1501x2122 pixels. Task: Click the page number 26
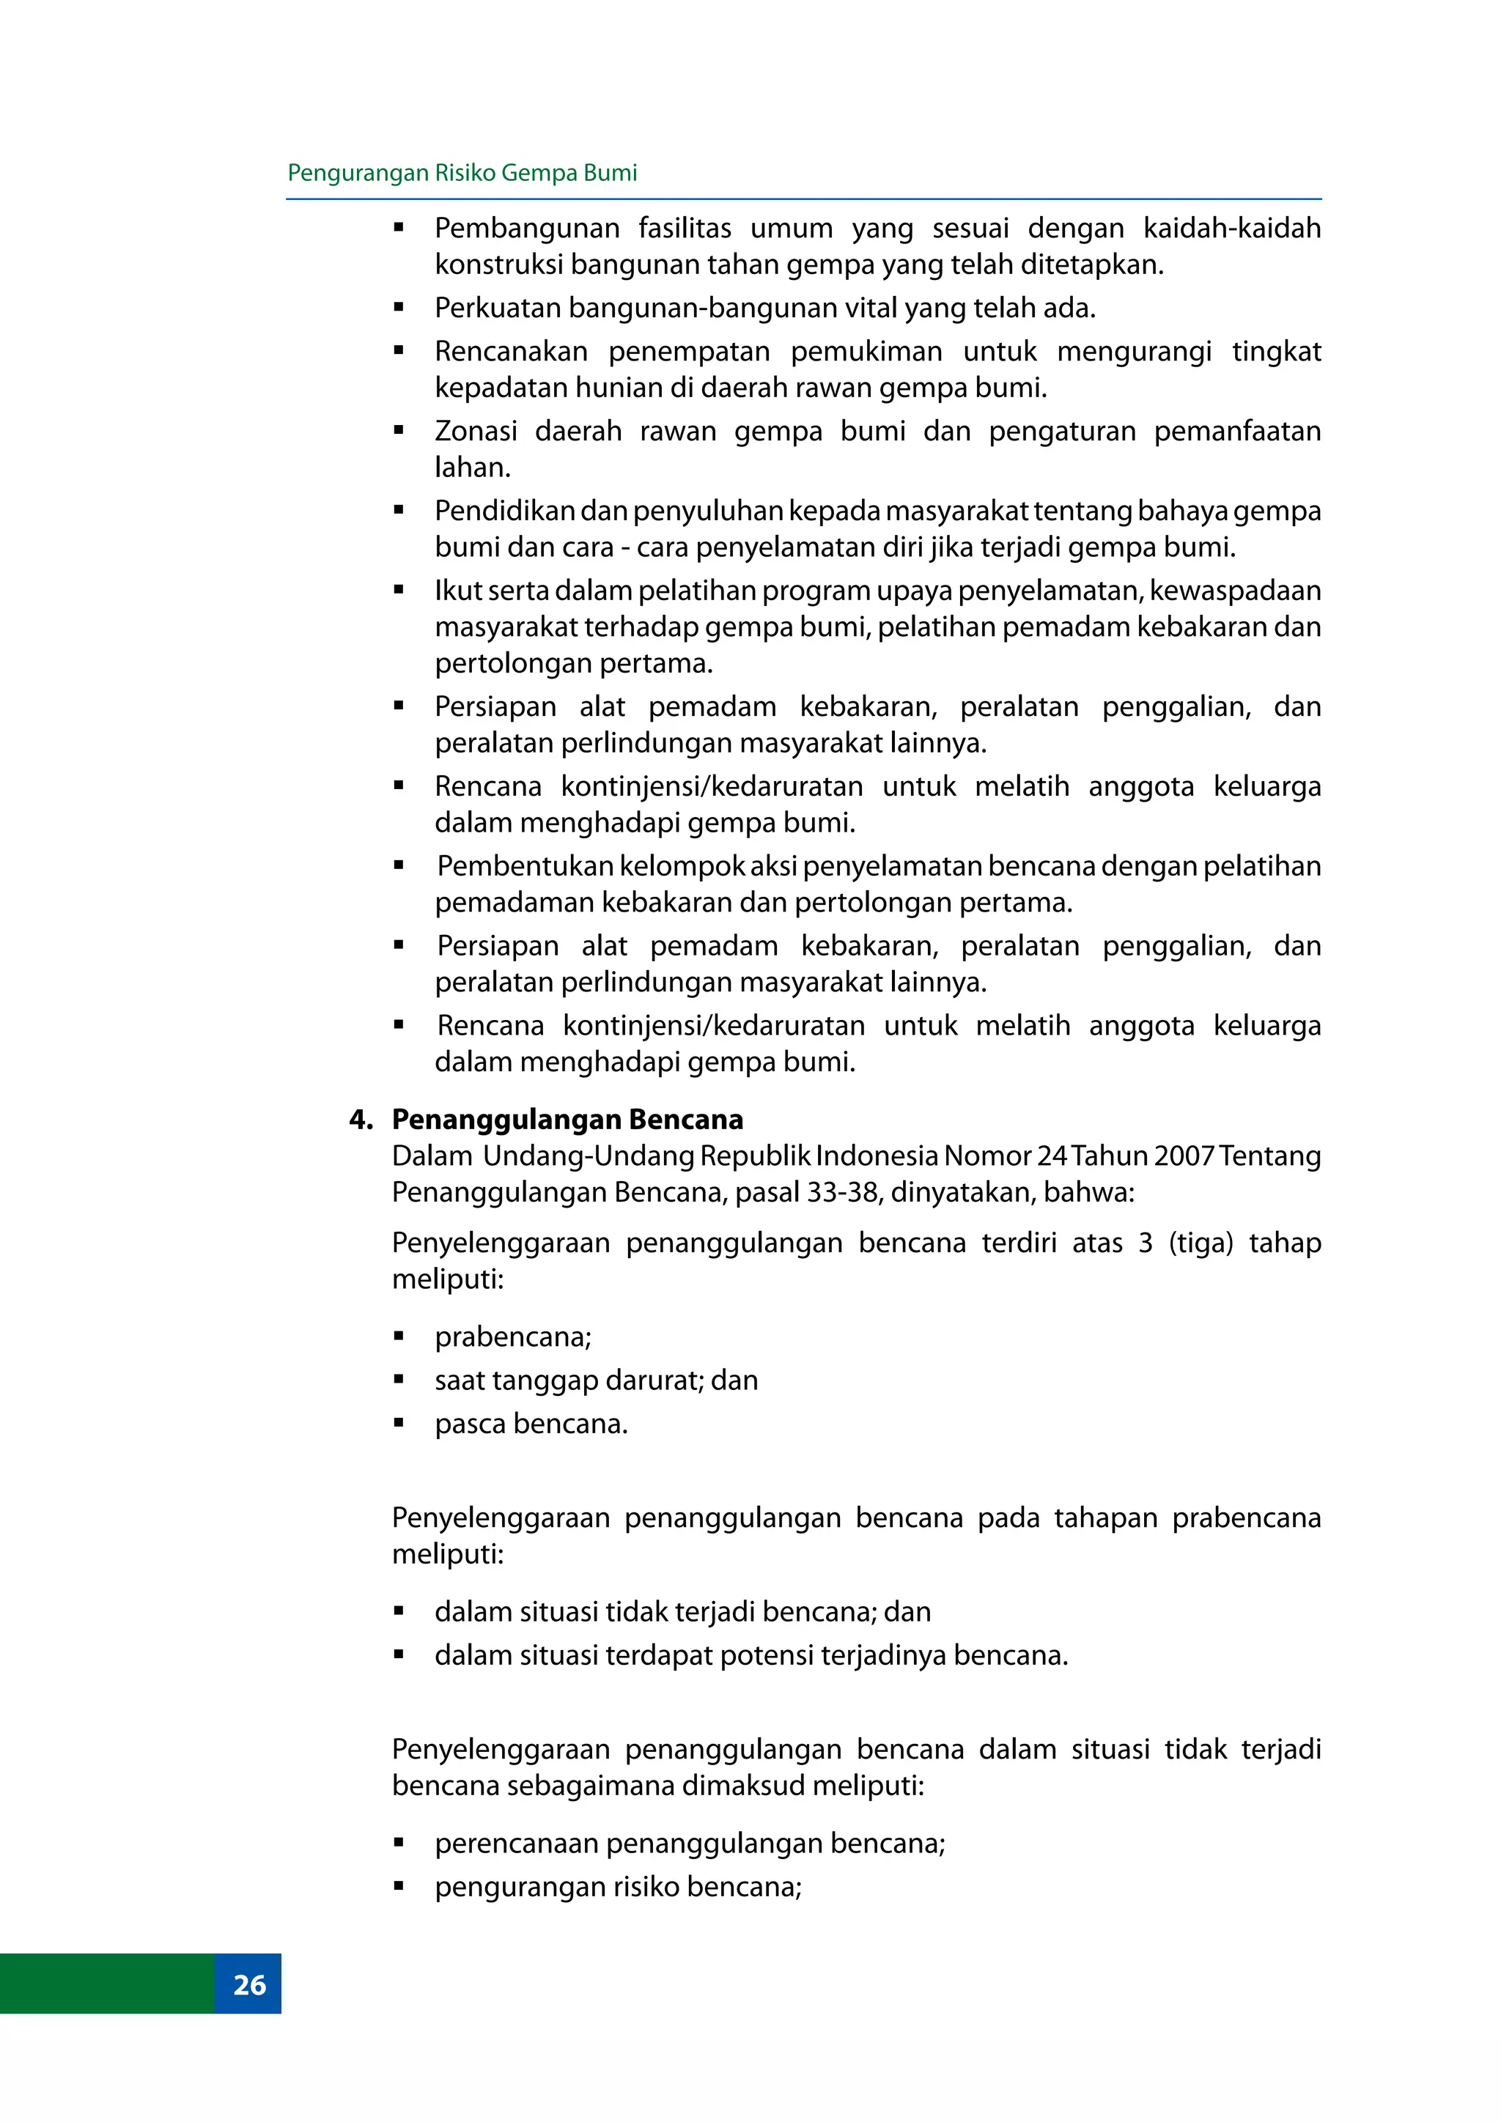248,1984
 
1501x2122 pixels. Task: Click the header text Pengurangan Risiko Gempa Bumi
462,173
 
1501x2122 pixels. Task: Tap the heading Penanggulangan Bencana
567,1119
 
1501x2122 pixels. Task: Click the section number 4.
361,1119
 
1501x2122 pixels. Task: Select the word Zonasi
475,431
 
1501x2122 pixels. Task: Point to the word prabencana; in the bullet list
513,1337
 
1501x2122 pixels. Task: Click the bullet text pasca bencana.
531,1423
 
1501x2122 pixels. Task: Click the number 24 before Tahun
1052,1156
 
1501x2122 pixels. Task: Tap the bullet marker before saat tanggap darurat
399,1380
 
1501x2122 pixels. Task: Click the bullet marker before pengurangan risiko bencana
399,1886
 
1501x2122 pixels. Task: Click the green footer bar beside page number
106,1984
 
